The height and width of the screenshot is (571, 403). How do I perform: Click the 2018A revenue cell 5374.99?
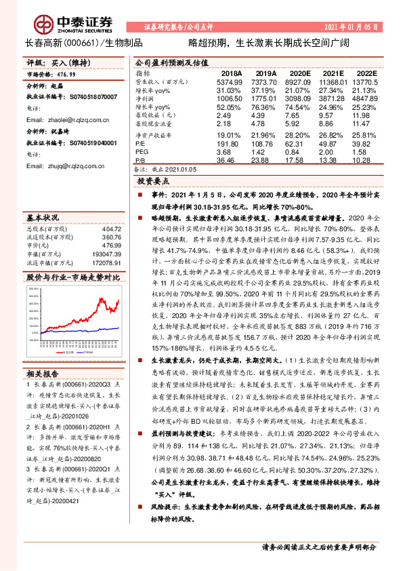click(228, 81)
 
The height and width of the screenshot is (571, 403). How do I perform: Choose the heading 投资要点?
click(153, 182)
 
